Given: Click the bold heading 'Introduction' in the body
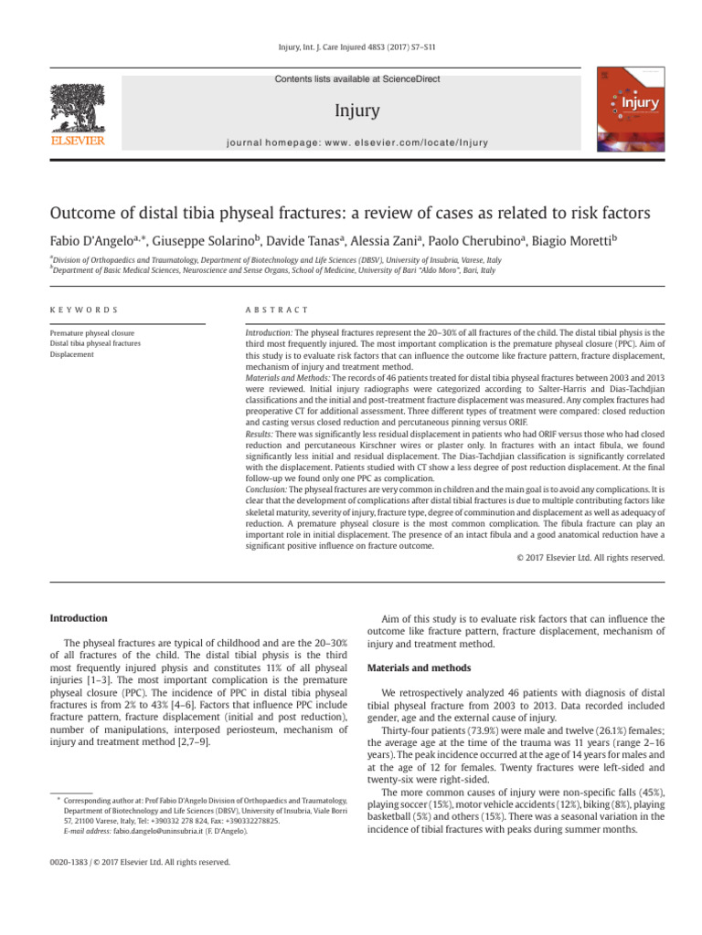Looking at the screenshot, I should pos(78,618).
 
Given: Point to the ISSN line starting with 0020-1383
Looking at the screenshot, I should pos(126,861).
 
